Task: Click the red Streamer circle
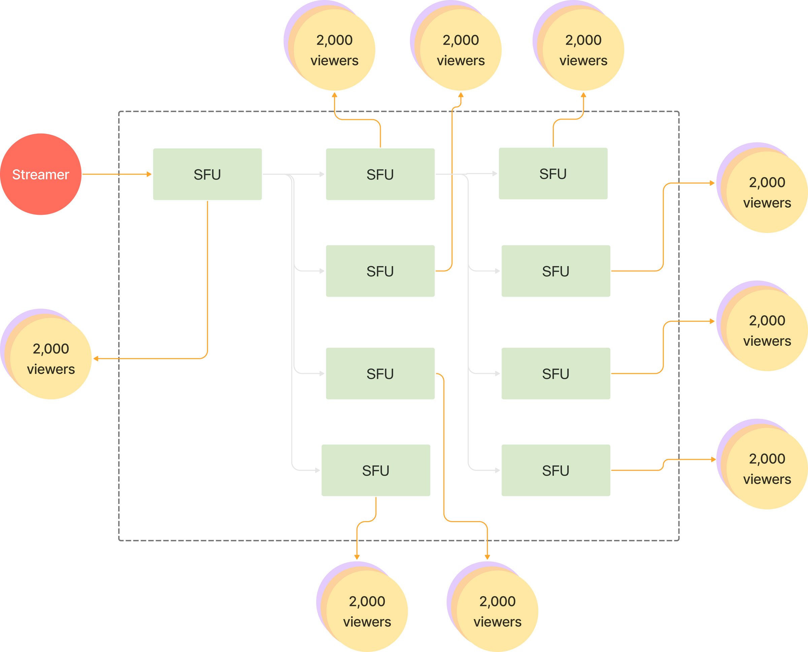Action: pos(41,174)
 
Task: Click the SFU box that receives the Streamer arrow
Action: pos(207,174)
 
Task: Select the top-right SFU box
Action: pos(553,173)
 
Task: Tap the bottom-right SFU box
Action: pos(555,470)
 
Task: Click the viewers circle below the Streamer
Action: pos(51,359)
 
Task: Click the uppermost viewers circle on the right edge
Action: pos(767,192)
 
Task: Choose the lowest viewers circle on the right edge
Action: pos(767,469)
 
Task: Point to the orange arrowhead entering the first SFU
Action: pos(149,174)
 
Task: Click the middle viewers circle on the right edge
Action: pos(767,331)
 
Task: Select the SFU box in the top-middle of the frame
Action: pos(380,174)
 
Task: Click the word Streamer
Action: pos(41,175)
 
